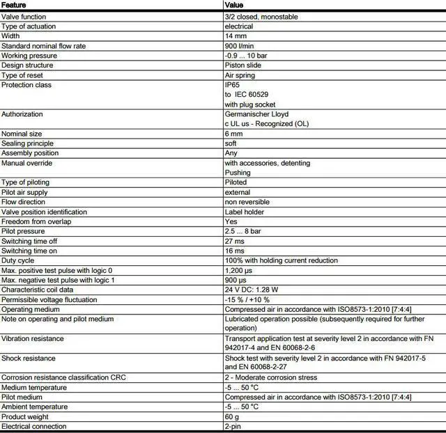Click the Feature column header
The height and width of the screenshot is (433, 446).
(15, 5)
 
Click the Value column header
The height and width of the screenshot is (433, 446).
(235, 5)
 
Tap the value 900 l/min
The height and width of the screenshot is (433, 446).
(239, 46)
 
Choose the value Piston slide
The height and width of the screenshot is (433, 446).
(243, 65)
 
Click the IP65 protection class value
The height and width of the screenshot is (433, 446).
(232, 85)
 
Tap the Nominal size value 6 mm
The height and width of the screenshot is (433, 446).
(233, 134)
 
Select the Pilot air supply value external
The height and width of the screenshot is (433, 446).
(238, 192)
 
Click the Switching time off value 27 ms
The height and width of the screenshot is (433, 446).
(234, 241)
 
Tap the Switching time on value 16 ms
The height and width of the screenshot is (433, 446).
(234, 251)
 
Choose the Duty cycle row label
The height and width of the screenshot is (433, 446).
(17, 260)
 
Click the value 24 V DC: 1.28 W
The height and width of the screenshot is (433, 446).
(252, 290)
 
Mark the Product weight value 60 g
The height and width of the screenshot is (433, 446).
(232, 416)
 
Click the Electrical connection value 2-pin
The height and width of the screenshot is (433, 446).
(233, 426)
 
